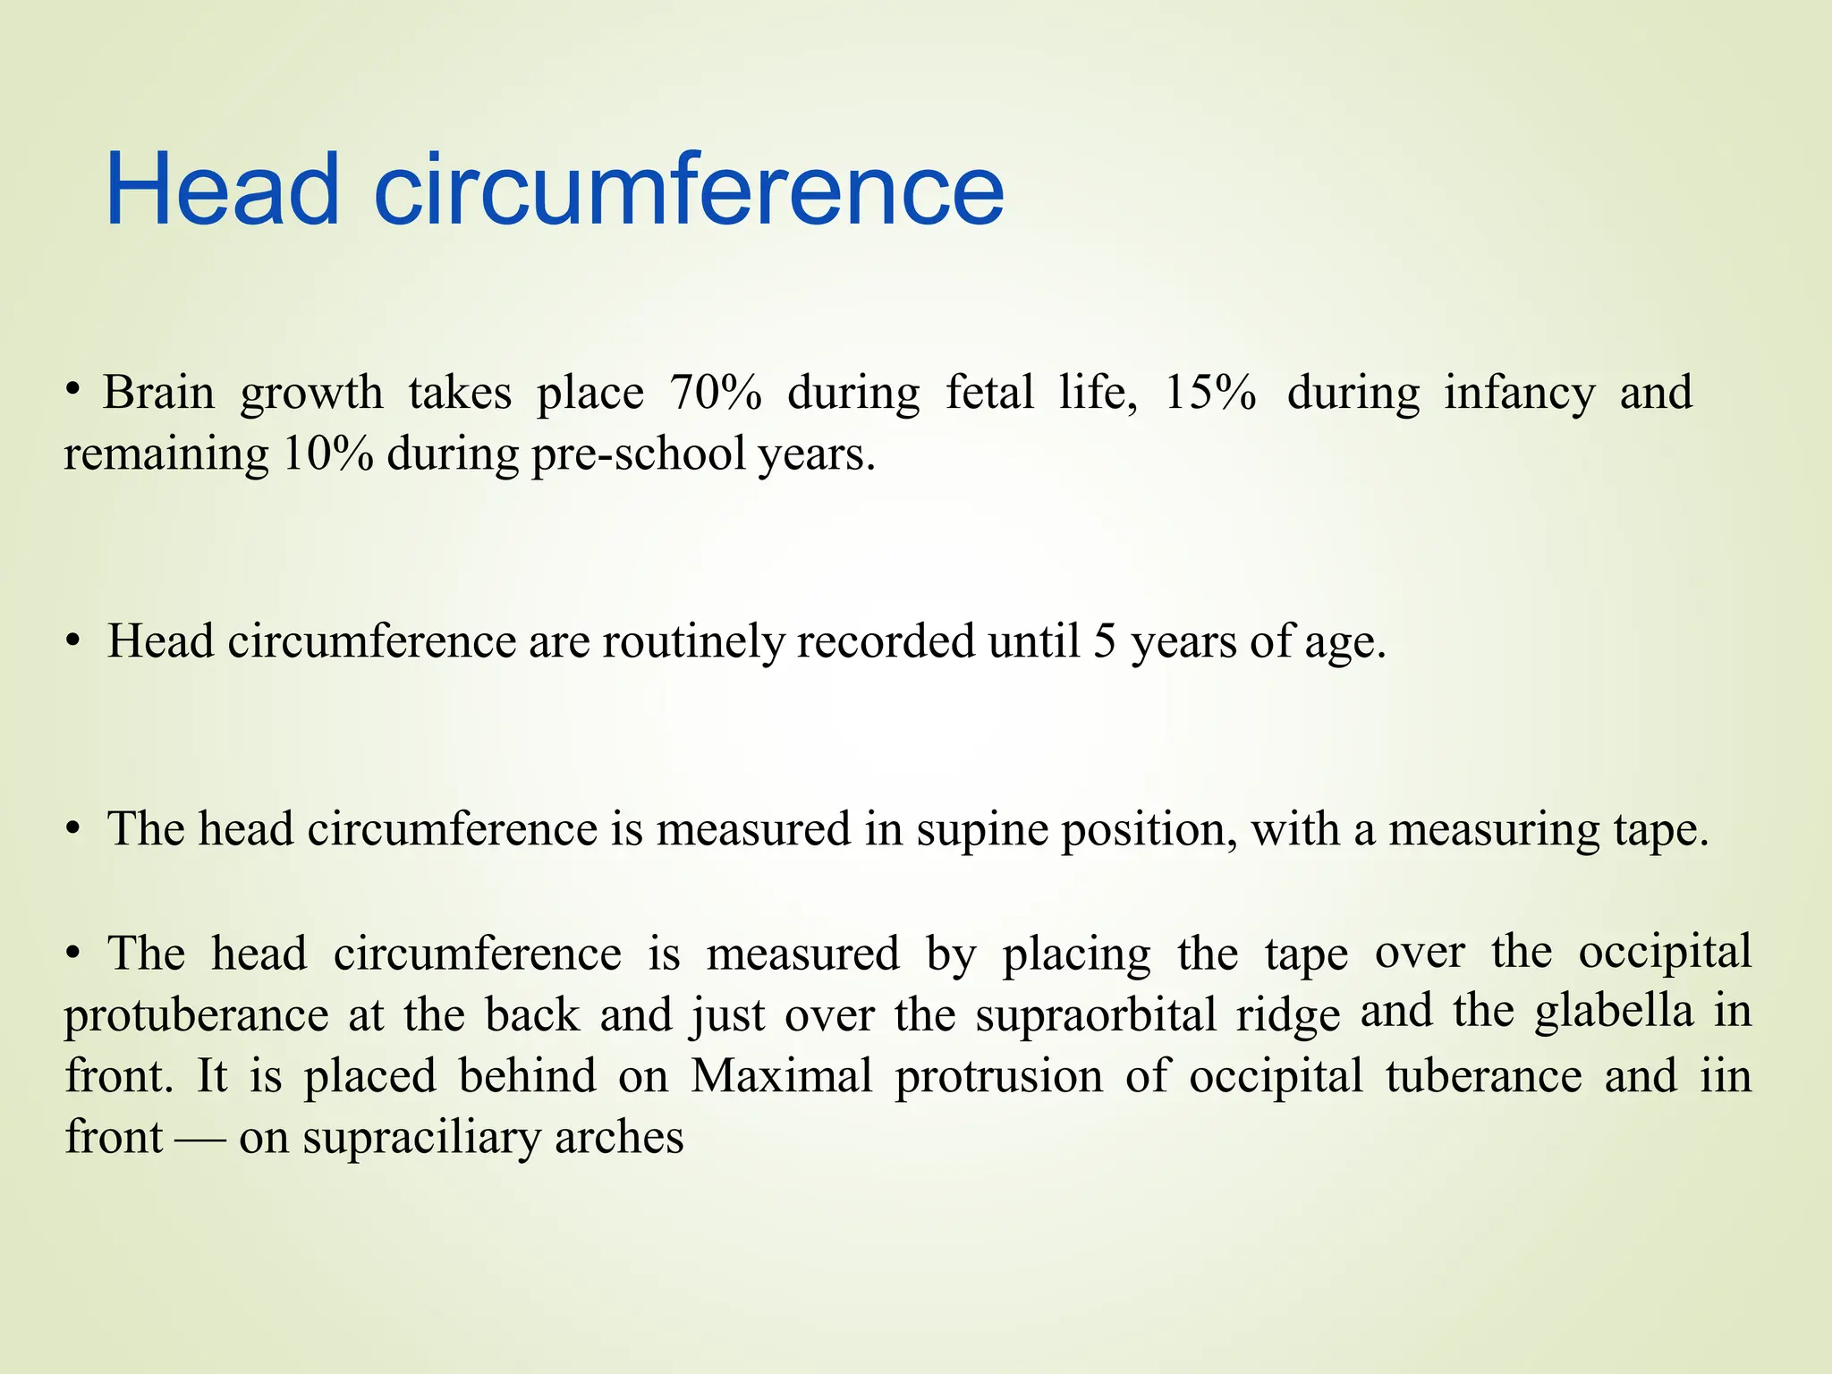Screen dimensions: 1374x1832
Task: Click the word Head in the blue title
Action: (x=223, y=191)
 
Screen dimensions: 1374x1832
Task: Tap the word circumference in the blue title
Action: (x=689, y=191)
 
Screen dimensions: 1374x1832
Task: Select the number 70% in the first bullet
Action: (x=716, y=393)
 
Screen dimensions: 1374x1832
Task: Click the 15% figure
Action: (x=1209, y=393)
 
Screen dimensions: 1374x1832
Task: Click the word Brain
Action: (x=158, y=393)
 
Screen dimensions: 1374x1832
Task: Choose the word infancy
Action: (x=1519, y=394)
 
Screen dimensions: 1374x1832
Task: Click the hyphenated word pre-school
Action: (x=639, y=455)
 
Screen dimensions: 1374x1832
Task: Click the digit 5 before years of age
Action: (x=1105, y=642)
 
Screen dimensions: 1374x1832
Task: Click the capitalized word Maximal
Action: (x=781, y=1075)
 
